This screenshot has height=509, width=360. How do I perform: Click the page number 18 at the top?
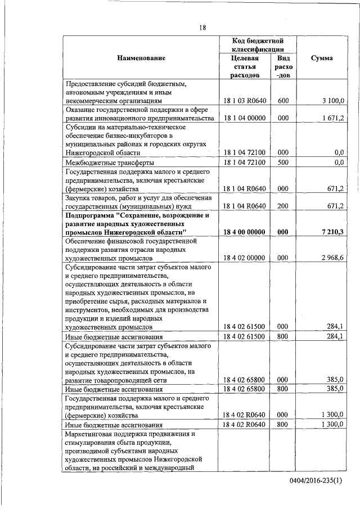point(202,27)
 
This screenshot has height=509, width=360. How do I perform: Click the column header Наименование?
point(141,58)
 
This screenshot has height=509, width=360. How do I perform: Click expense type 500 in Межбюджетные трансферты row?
point(283,163)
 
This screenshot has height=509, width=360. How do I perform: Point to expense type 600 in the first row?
point(283,101)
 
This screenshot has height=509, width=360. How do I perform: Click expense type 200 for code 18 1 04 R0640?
point(283,206)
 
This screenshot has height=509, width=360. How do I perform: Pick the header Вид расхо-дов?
point(283,66)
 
